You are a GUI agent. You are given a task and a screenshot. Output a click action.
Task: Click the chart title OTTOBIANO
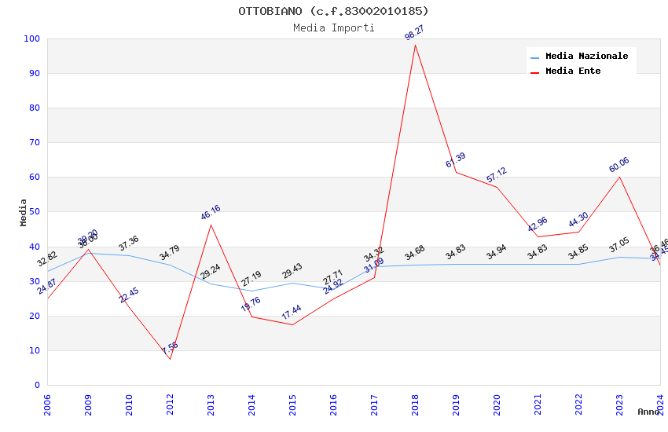tap(333, 11)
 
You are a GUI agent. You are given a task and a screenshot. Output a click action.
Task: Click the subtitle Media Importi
tap(333, 27)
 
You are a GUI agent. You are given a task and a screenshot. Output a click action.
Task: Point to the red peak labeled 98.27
tap(415, 45)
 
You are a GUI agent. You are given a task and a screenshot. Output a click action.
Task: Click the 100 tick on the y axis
tap(32, 38)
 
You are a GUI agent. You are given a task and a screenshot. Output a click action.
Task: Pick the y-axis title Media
tap(24, 212)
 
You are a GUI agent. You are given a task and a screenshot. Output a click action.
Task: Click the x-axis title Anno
tap(648, 412)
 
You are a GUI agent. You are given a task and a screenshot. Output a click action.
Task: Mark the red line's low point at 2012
tap(170, 359)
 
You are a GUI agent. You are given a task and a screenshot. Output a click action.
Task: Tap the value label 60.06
tap(619, 165)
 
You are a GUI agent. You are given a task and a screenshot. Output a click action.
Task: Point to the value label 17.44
tap(292, 313)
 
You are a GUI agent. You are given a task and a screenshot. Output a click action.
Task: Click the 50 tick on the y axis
tap(35, 212)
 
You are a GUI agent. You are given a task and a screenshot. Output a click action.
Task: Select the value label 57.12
tap(497, 175)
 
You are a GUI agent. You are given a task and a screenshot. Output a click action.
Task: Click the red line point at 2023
tap(619, 177)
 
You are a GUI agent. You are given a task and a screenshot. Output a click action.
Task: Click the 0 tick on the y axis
tap(37, 385)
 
